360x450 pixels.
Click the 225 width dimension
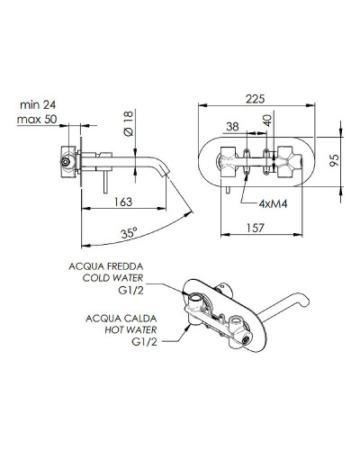[x=256, y=102]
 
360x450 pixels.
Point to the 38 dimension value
[x=233, y=127]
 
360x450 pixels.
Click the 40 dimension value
[x=266, y=122]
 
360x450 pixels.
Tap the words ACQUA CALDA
[x=124, y=318]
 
